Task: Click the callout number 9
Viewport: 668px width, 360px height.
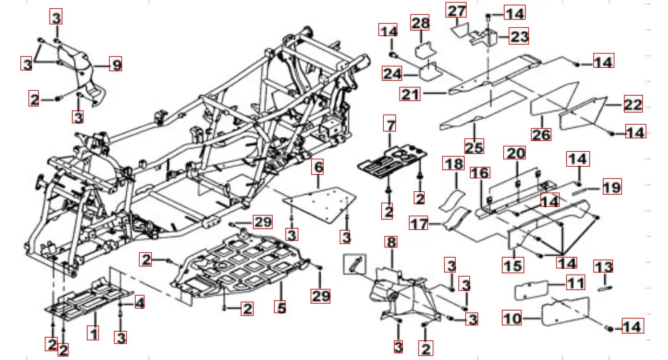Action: click(x=116, y=65)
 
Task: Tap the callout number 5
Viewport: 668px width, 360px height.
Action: click(x=281, y=306)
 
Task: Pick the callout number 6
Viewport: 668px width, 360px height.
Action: click(x=318, y=166)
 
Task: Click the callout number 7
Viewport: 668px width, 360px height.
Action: click(x=389, y=124)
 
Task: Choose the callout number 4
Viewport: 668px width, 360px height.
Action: click(x=138, y=302)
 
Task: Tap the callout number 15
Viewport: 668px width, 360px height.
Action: click(x=512, y=264)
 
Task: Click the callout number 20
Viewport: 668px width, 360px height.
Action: click(x=516, y=153)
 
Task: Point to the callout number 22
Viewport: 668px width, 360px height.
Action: click(x=633, y=104)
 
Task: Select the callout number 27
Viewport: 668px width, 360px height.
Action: click(x=456, y=12)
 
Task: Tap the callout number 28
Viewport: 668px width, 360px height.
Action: click(x=421, y=24)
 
